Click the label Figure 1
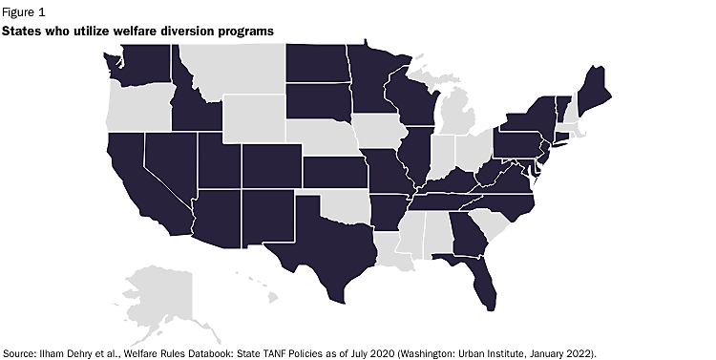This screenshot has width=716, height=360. tap(22, 11)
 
